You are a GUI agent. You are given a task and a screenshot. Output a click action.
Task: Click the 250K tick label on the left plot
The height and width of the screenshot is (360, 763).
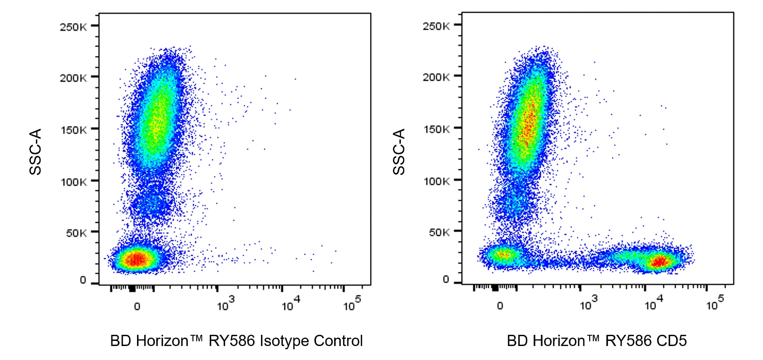[x=73, y=27]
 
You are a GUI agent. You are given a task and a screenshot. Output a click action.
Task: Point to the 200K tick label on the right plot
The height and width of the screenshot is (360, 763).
[x=436, y=77]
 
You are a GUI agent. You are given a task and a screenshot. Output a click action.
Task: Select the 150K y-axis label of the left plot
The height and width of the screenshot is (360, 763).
[x=73, y=130]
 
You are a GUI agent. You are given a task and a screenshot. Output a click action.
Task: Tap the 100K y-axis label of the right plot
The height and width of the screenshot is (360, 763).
[x=436, y=181]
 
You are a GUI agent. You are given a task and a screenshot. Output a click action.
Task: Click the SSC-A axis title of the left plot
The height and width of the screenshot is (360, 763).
[x=35, y=152]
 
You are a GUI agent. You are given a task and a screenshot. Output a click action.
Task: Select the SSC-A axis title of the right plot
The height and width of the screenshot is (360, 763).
[x=399, y=152]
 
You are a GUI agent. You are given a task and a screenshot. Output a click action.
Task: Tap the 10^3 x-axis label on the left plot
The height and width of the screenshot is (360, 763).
[x=226, y=304]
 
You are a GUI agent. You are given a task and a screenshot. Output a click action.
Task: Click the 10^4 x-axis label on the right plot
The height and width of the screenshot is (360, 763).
[x=653, y=304]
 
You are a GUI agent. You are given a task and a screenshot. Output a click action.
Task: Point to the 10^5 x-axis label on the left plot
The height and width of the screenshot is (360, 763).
[x=352, y=304]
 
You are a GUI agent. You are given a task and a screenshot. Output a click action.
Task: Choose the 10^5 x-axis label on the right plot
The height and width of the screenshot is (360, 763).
[x=715, y=304]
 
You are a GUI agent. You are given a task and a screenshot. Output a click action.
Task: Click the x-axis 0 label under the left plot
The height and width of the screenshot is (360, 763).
[x=137, y=306]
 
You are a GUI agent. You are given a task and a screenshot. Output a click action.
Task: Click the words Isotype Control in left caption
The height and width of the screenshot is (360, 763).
[x=311, y=341]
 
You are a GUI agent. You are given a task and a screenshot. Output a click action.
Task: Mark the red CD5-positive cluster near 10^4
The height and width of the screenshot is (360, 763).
[x=659, y=262]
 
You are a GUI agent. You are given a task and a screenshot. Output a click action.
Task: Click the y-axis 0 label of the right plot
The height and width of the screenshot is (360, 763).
[x=446, y=279]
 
